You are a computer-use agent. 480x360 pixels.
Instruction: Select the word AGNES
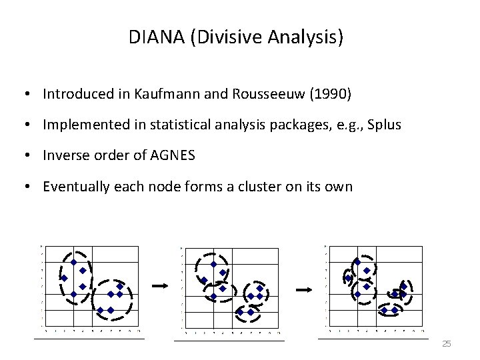[x=174, y=155]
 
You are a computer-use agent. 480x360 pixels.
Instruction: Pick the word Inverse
[x=64, y=155]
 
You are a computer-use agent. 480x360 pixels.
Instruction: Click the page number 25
[x=447, y=343]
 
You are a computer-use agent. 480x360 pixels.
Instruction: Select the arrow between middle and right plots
[x=304, y=289]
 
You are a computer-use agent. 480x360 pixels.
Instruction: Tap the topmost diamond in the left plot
[x=73, y=262]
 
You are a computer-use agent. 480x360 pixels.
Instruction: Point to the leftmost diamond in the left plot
[x=65, y=278]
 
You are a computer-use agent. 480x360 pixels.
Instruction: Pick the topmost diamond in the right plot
[x=357, y=262]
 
